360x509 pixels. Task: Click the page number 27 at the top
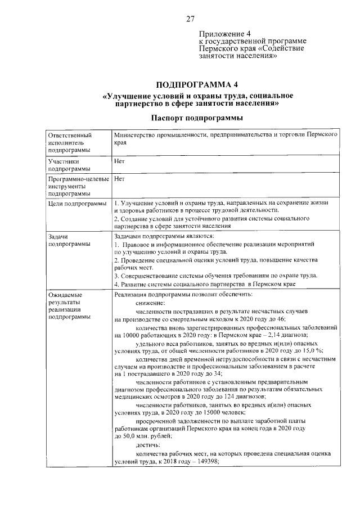190,19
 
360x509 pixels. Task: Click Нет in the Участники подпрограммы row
119,160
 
